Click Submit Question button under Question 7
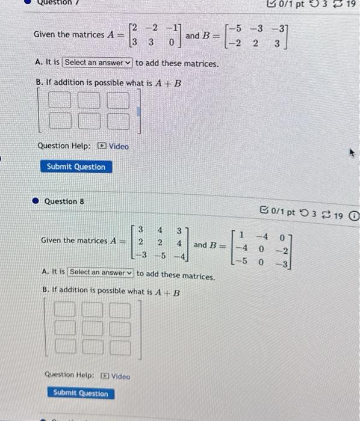coord(76,167)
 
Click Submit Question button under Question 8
coord(81,393)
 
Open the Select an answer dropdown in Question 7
coord(98,63)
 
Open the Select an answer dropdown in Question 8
coord(101,272)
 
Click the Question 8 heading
coord(61,201)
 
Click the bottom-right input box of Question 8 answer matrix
coord(119,347)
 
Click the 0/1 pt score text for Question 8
coord(283,212)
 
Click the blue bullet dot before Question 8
coord(36,201)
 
